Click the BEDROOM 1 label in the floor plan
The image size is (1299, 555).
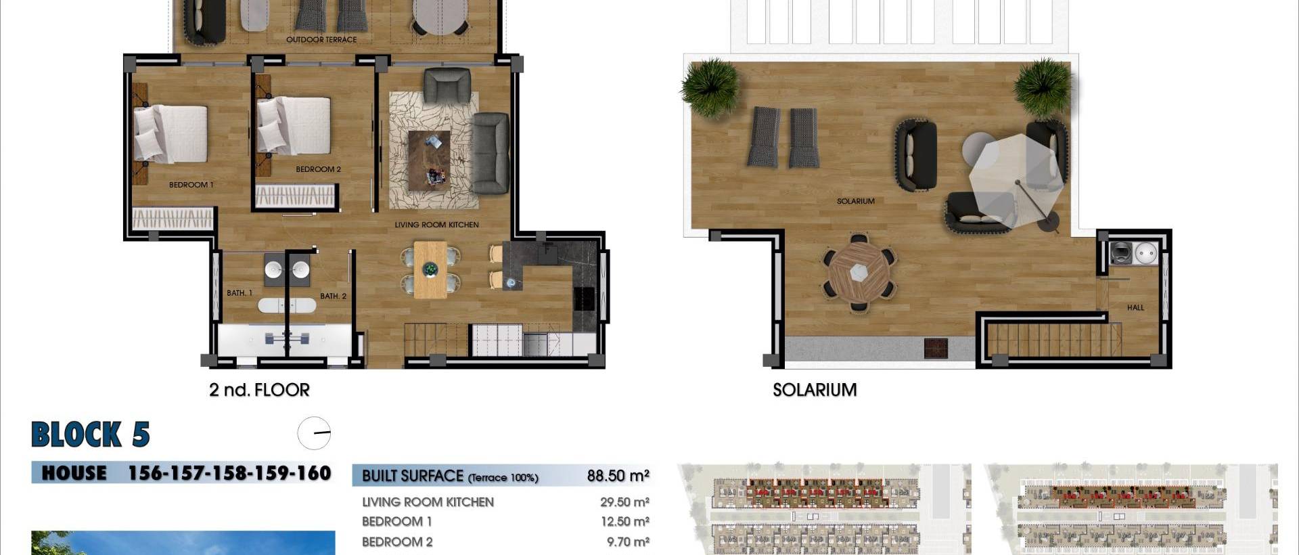191,185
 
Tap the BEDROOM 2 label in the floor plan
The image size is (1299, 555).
318,169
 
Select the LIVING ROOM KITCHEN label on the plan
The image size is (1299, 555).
436,225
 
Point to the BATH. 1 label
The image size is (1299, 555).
240,293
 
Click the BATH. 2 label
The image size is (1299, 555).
333,296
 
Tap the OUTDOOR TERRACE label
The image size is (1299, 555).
321,40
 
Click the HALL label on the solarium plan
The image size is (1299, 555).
1135,307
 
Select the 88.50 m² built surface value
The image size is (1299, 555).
618,476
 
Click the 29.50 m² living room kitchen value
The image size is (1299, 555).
624,502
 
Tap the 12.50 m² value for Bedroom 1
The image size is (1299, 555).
624,522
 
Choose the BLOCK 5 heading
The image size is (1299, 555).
91,435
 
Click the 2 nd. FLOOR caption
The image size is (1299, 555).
259,390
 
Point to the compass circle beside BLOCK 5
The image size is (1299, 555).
314,433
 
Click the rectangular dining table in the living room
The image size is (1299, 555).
430,269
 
